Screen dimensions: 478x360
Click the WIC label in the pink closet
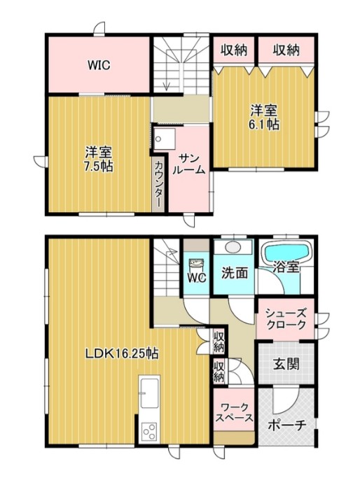(x=99, y=65)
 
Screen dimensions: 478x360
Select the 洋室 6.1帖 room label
(x=265, y=117)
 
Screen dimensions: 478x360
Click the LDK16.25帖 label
(x=121, y=353)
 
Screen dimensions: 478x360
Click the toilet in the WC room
(x=195, y=264)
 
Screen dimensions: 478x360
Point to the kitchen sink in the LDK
(x=150, y=394)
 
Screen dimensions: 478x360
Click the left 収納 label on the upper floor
(x=234, y=50)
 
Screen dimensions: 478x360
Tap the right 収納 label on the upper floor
(x=286, y=50)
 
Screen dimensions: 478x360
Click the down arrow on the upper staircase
(x=167, y=83)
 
